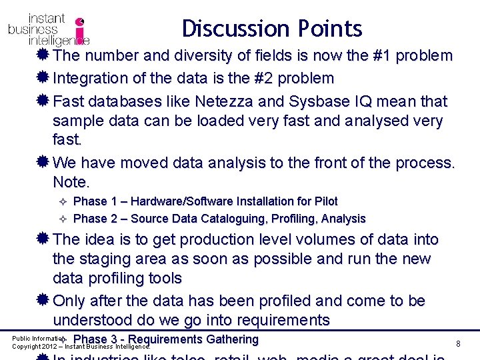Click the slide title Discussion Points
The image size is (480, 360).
(x=272, y=29)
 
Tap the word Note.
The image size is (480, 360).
(x=70, y=182)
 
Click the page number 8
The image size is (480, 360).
(x=459, y=343)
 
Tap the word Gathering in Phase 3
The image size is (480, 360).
(x=232, y=339)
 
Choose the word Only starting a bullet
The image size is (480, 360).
(x=70, y=301)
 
